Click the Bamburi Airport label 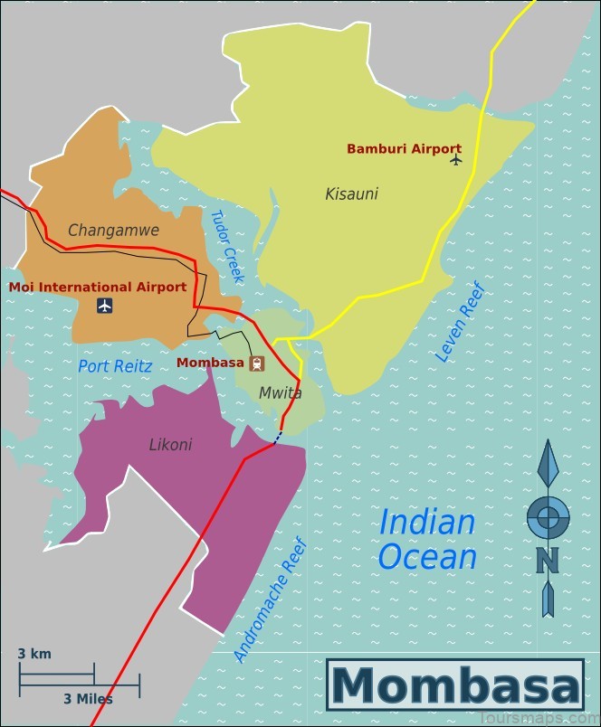click(404, 149)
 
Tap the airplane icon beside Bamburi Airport click(455, 160)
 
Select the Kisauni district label click(351, 194)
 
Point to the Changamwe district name click(113, 231)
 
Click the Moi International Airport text click(98, 287)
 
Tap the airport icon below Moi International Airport click(105, 306)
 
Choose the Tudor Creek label click(224, 246)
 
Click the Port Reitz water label click(115, 366)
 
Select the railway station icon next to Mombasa click(258, 363)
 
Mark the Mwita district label click(280, 393)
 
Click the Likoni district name click(170, 445)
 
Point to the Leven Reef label click(461, 323)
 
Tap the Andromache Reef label click(271, 600)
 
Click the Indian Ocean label click(427, 539)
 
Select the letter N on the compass click(547, 561)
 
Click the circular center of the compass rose click(548, 518)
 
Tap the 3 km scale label click(34, 654)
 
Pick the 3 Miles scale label click(88, 699)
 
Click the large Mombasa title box click(455, 685)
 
